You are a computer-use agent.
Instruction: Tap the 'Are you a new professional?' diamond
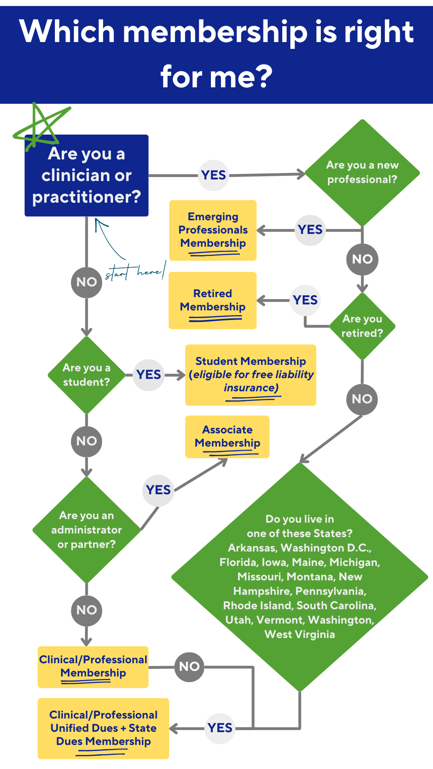[x=362, y=173]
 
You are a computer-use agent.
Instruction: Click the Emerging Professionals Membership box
[x=213, y=230]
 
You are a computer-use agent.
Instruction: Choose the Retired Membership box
[x=212, y=300]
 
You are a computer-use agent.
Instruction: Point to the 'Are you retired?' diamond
[x=362, y=326]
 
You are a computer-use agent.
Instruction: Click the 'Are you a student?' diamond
[x=86, y=375]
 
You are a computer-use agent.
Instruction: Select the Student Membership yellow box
[x=251, y=375]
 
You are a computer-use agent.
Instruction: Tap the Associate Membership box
[x=227, y=437]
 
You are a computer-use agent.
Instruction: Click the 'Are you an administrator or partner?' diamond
[x=87, y=529]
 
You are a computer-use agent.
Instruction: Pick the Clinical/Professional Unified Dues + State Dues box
[x=103, y=728]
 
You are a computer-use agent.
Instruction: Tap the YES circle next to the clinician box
[x=214, y=175]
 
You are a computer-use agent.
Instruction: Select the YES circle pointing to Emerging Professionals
[x=310, y=230]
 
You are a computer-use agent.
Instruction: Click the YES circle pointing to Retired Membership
[x=306, y=300]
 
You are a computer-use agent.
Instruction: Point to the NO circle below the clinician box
[x=87, y=282]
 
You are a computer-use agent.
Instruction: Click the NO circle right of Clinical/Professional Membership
[x=189, y=667]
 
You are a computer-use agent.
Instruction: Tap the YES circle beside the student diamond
[x=149, y=375]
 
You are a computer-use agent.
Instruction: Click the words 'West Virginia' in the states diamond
[x=300, y=634]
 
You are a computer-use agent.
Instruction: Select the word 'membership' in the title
[x=215, y=32]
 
